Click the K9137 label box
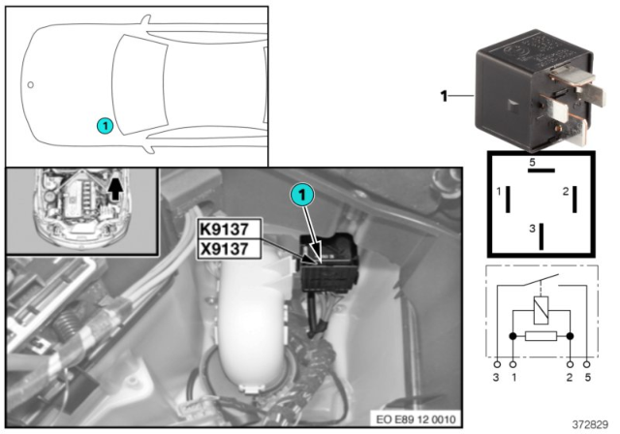coord(230,229)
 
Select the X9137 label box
coord(230,249)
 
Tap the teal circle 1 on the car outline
coord(105,126)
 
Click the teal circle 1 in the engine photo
coord(302,196)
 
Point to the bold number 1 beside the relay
coord(444,96)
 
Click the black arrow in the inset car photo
coord(115,189)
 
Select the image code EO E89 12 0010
coord(416,418)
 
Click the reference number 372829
coord(590,424)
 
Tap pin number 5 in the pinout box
coord(532,162)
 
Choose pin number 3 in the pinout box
coord(532,229)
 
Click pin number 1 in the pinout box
coord(499,192)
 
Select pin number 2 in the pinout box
coord(566,192)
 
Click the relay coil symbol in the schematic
coord(541,310)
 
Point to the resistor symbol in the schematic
coord(541,336)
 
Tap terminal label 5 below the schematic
coord(588,378)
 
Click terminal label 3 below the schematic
coord(496,378)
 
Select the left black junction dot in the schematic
coord(512,336)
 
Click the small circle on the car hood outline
coord(30,84)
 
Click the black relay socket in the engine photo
coord(329,263)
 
